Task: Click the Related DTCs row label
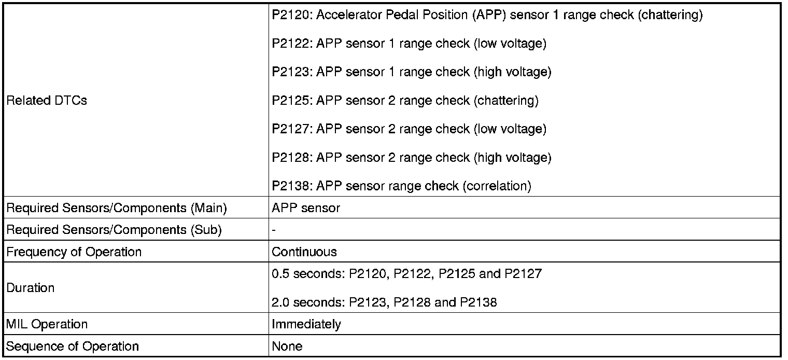(x=46, y=101)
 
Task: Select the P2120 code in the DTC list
(x=291, y=15)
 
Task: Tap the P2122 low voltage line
(x=409, y=44)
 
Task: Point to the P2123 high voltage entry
(x=412, y=72)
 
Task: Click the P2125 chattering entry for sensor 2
(x=405, y=101)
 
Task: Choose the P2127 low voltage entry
(x=409, y=129)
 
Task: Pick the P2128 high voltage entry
(x=412, y=158)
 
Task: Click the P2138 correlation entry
(x=401, y=186)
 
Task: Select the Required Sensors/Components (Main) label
(x=117, y=208)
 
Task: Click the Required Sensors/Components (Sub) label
(x=114, y=230)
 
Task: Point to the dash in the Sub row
(x=274, y=230)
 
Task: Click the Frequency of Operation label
(x=74, y=252)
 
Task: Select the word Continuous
(x=304, y=252)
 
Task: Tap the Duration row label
(x=30, y=288)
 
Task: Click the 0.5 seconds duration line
(x=406, y=273)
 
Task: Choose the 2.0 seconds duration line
(x=384, y=302)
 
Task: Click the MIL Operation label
(x=47, y=325)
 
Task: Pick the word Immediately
(x=306, y=325)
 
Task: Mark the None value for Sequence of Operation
(x=287, y=347)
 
